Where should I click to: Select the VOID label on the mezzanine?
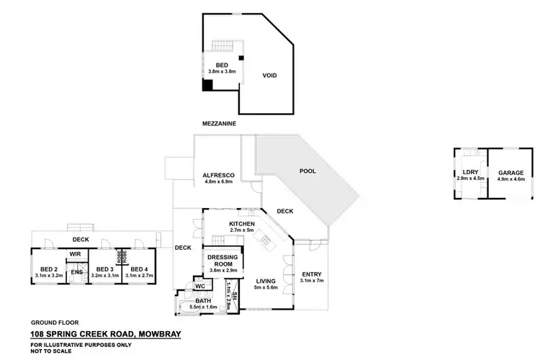tap(269, 76)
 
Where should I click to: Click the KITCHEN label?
tap(242, 225)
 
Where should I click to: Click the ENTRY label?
tap(312, 274)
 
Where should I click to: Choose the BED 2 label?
tap(49, 269)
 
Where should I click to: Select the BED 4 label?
tap(140, 269)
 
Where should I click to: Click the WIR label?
tap(74, 253)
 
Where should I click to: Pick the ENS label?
tap(76, 271)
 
